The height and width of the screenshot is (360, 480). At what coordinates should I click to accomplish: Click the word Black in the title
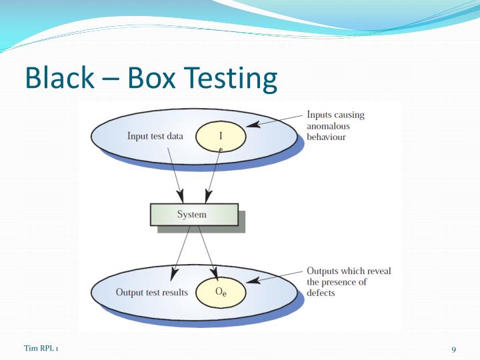[59, 78]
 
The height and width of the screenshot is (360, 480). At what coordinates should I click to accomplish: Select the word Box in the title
[151, 78]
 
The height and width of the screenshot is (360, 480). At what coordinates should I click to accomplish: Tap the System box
[193, 215]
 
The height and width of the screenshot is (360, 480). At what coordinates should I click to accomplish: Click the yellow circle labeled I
[221, 137]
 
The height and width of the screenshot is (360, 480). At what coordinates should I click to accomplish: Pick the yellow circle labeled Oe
[221, 292]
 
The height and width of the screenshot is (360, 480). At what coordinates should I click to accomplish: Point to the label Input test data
[155, 137]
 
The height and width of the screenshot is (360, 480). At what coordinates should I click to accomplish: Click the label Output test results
[151, 292]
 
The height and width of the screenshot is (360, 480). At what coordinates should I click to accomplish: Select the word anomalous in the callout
[328, 126]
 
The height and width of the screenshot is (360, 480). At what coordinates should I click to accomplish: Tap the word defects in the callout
[322, 293]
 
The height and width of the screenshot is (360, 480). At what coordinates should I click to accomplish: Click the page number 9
[453, 350]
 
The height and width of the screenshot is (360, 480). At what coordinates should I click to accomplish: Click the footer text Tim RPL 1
[41, 349]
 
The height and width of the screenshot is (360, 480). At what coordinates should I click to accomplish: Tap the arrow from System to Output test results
[181, 252]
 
